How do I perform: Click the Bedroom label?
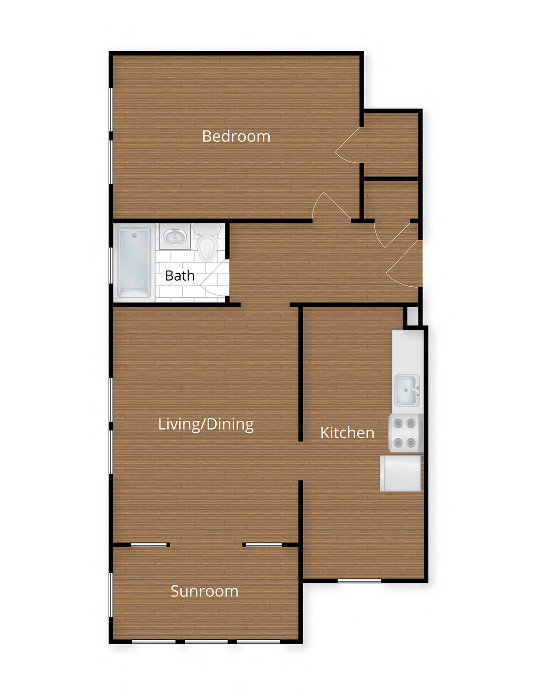click(236, 136)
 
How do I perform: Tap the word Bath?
click(180, 276)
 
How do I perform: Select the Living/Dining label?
click(206, 424)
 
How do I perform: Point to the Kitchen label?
click(347, 433)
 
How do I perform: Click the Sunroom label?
click(204, 591)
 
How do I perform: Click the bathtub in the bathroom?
click(134, 262)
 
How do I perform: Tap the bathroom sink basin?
click(175, 237)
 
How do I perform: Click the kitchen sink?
click(406, 390)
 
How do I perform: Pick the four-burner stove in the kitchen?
click(405, 433)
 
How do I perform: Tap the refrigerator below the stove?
click(401, 473)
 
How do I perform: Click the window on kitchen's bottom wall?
click(359, 581)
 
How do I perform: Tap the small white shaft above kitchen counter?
click(412, 316)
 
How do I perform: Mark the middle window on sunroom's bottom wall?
click(206, 642)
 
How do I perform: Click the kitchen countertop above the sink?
click(407, 350)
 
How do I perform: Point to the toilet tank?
click(207, 229)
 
